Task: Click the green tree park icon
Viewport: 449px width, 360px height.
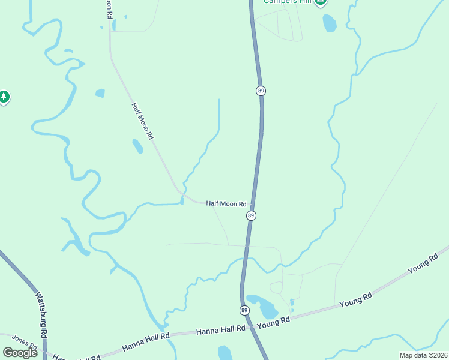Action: [x=4, y=96]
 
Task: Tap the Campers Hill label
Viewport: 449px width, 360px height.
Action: [x=286, y=2]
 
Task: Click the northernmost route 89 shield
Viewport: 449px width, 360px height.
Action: [x=261, y=91]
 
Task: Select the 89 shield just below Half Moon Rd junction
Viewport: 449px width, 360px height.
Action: [x=251, y=215]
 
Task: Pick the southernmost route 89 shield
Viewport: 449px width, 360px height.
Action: [x=244, y=310]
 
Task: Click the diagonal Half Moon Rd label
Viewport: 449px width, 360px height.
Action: [x=143, y=121]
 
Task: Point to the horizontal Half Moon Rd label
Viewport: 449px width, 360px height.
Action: [x=226, y=204]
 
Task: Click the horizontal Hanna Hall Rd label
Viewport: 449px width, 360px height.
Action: [x=221, y=329]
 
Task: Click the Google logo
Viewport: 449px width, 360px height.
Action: [x=20, y=353]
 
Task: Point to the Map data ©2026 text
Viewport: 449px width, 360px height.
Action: [x=423, y=355]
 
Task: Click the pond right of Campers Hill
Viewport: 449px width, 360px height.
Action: [x=330, y=23]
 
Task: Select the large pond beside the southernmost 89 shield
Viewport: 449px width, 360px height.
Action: [x=263, y=306]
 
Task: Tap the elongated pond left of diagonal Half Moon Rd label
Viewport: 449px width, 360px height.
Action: [x=138, y=146]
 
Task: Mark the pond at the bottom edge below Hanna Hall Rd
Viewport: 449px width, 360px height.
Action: [x=225, y=353]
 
